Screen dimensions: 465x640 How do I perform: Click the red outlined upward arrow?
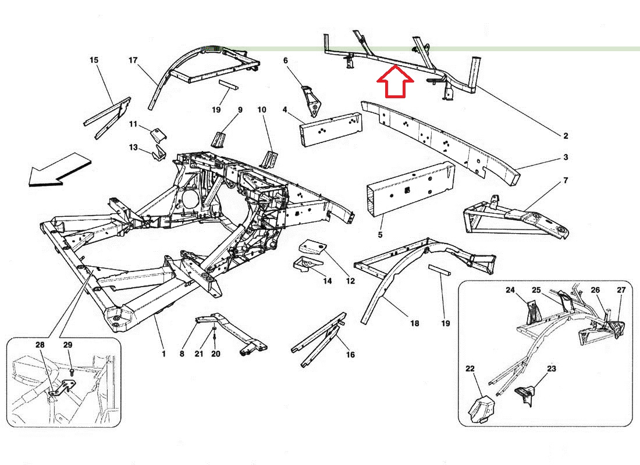(x=395, y=82)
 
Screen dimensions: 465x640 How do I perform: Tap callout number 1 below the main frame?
(x=163, y=353)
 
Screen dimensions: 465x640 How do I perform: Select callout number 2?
(x=565, y=136)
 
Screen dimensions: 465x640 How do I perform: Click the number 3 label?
(x=565, y=158)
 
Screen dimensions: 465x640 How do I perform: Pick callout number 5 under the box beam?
(x=380, y=235)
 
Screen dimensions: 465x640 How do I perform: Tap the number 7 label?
(x=565, y=181)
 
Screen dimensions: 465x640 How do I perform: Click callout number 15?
(x=94, y=60)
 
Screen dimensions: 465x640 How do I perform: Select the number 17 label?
(x=133, y=60)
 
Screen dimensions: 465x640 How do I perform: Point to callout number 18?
(x=414, y=323)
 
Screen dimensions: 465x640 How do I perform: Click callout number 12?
(x=350, y=281)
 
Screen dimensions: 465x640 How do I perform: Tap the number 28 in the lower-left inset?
(x=40, y=345)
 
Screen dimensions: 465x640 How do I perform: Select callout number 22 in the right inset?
(x=470, y=369)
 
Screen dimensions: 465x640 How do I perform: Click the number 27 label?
(x=621, y=290)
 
